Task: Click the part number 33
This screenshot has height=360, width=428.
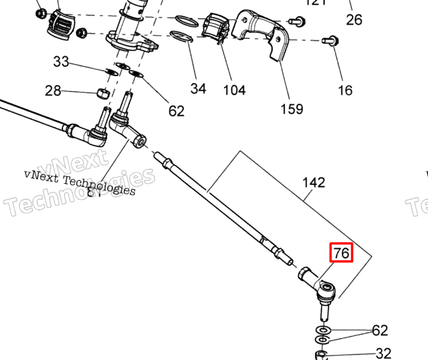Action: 62,61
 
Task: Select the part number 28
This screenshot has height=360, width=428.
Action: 53,91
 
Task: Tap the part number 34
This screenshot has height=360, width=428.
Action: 198,88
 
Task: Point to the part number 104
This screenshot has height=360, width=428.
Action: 233,90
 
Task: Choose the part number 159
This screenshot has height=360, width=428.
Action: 292,108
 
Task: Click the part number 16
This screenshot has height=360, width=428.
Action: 345,90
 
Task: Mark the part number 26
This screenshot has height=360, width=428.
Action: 354,20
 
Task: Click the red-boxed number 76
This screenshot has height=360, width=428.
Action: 341,253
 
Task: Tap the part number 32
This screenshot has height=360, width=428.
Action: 383,353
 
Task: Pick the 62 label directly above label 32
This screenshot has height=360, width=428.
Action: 380,330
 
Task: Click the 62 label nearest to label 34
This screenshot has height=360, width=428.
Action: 176,111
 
